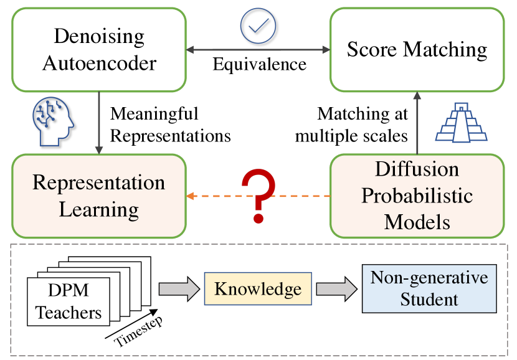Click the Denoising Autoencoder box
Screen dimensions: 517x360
(99, 50)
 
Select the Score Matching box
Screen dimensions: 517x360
(417, 50)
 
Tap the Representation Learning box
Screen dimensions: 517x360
(99, 196)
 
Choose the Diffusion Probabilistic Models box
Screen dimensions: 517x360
(417, 196)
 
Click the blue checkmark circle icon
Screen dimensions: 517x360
(258, 26)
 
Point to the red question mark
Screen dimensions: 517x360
(258, 196)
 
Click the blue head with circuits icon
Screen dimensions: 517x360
(53, 121)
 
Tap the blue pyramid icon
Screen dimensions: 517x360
(462, 122)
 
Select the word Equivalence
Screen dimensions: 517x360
(260, 64)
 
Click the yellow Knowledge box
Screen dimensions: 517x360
(258, 289)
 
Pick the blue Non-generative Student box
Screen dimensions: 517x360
(429, 288)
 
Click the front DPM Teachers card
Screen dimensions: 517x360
(69, 301)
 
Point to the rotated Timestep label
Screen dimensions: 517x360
(139, 331)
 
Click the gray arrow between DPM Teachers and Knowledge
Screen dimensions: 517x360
(179, 289)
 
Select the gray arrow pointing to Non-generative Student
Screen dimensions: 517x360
(336, 289)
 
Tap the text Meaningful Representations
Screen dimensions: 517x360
(171, 125)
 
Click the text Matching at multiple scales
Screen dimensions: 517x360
(352, 125)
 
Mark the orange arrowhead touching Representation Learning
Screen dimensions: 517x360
(190, 196)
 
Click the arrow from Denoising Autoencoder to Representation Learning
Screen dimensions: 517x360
(99, 123)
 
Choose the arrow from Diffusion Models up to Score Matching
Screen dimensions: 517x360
(417, 123)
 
